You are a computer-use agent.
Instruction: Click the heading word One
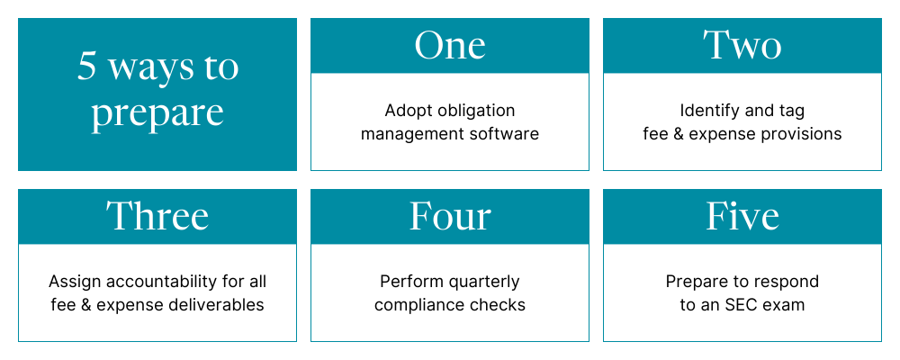450,45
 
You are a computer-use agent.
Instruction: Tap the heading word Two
742,45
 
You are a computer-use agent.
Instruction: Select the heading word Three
157,216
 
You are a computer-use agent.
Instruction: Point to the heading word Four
450,217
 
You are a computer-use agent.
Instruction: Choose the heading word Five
742,216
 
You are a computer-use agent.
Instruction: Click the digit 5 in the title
86,67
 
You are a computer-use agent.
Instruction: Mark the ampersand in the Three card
85,305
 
